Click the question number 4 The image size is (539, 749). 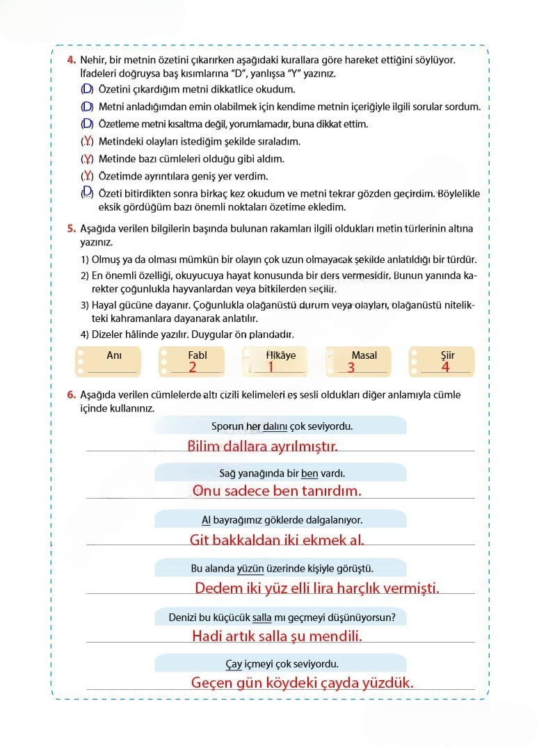[x=72, y=61]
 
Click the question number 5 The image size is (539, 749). [x=72, y=228]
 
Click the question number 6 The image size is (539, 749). [x=72, y=395]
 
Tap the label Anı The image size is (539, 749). [x=114, y=355]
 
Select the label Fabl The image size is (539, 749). [x=198, y=355]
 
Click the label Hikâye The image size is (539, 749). [x=281, y=355]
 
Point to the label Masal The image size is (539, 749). [x=364, y=355]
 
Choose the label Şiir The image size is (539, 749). [x=447, y=355]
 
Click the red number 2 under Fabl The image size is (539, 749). [x=192, y=367]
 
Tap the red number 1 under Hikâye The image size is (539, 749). [x=271, y=367]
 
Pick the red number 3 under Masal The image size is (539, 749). [x=351, y=367]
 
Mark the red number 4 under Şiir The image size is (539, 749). [x=445, y=367]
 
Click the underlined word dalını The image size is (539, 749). [x=274, y=426]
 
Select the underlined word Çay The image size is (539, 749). [x=234, y=663]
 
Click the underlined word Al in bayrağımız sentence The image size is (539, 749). [x=206, y=520]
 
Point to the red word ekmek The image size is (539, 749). [x=321, y=539]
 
